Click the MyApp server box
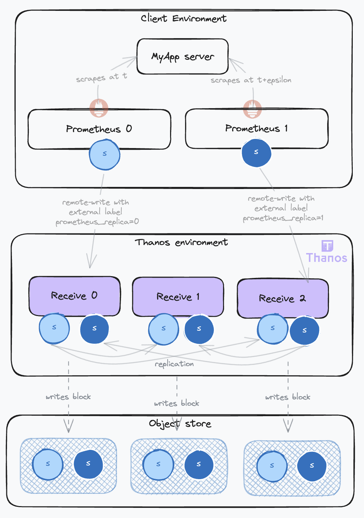click(182, 56)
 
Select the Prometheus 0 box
click(99, 129)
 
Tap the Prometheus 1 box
click(256, 128)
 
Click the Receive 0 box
click(74, 296)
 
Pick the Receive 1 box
click(178, 297)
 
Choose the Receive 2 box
click(283, 299)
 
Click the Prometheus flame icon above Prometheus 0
click(99, 108)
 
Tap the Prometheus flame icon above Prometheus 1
click(252, 108)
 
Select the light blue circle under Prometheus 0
click(105, 154)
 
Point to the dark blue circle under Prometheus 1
click(256, 153)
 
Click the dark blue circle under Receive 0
click(94, 329)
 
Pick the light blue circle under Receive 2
click(272, 329)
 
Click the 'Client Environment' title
click(183, 19)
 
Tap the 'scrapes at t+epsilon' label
click(251, 80)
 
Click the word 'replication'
click(174, 364)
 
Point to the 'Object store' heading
click(180, 424)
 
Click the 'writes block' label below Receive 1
click(176, 404)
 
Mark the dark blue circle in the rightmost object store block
click(312, 466)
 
